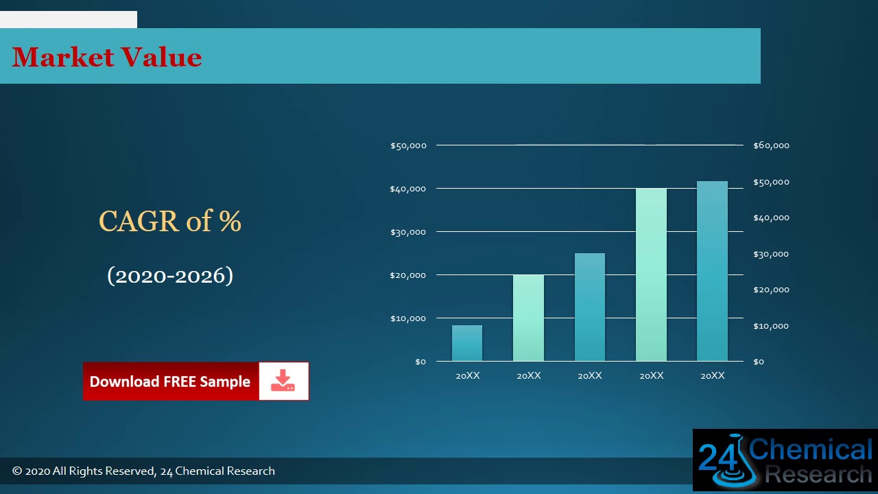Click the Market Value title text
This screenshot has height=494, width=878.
point(107,57)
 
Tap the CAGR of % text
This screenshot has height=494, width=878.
point(170,221)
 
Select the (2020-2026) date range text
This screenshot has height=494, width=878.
point(170,275)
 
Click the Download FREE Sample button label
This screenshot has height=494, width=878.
point(170,381)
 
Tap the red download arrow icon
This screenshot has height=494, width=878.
point(283,381)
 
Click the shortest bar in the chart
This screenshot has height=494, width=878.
point(467,343)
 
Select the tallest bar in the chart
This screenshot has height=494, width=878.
point(712,271)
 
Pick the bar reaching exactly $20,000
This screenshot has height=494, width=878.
point(528,318)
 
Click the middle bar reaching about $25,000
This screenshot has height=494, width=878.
point(590,307)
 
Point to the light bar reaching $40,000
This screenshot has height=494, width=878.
point(651,274)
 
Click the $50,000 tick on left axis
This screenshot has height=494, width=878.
point(408,145)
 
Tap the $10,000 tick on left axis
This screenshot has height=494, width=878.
point(408,318)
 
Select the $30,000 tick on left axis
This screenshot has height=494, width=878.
point(408,232)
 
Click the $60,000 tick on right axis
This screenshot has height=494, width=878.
point(771,145)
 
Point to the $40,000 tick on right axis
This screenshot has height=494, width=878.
point(771,217)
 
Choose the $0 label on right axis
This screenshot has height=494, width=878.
point(758,362)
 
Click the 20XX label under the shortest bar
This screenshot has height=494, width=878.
point(467,376)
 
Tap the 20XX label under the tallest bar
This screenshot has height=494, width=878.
point(712,376)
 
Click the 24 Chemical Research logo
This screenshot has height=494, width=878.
point(785,460)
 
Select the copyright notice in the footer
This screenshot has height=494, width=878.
point(143,471)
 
